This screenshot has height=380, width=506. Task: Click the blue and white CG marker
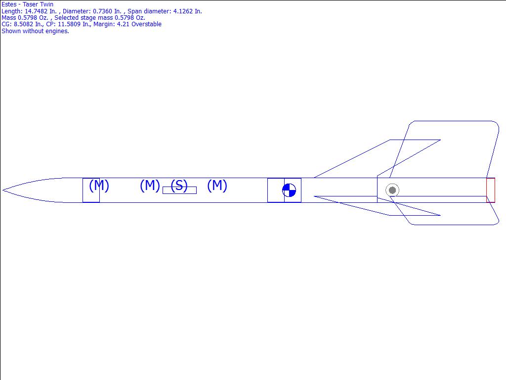(x=289, y=190)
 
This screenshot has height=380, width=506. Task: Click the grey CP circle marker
(x=392, y=190)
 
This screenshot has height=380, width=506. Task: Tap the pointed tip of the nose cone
(x=3, y=190)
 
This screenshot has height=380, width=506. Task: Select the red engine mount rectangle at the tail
(x=491, y=190)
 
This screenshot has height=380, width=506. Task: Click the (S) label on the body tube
(x=179, y=186)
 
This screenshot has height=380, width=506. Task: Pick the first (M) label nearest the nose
(x=99, y=186)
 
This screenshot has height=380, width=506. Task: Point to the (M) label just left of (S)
(x=150, y=186)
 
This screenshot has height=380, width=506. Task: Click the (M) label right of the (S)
(x=217, y=186)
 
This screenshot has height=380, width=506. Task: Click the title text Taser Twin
(x=38, y=4)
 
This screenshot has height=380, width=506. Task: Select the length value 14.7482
(x=36, y=11)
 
